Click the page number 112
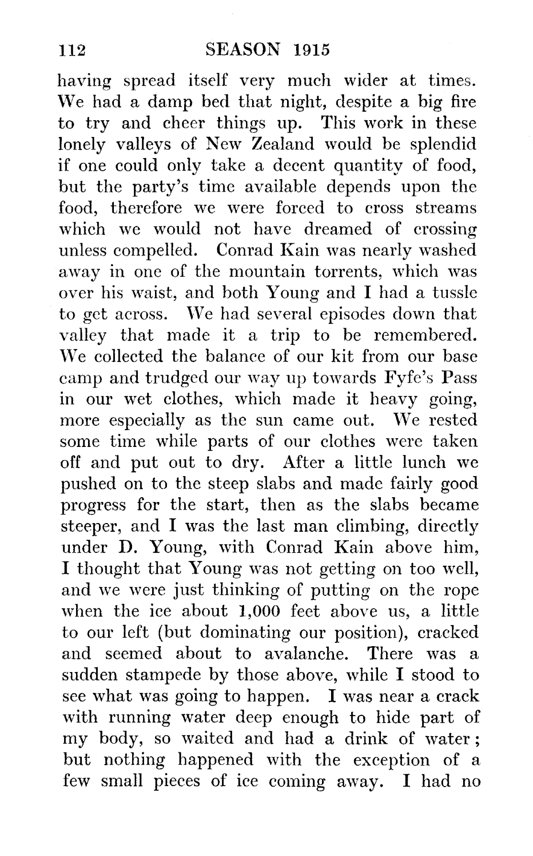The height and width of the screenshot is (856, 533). pos(71,50)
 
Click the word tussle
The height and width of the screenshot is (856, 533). pos(455,293)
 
